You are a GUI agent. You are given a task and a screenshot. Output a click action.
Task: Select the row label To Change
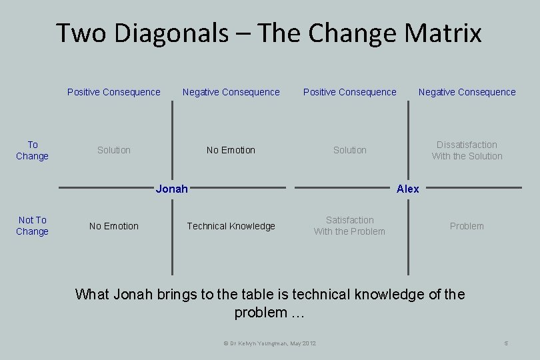click(33, 151)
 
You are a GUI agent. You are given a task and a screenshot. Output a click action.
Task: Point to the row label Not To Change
click(33, 226)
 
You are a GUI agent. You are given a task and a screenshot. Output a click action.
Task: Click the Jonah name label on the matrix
click(171, 189)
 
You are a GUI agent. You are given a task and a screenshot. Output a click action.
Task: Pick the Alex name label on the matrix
click(407, 189)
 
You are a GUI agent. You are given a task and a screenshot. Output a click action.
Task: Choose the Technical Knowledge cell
click(231, 226)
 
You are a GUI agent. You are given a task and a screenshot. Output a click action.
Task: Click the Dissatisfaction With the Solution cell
click(467, 151)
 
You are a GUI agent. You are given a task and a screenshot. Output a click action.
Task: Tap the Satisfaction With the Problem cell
click(349, 226)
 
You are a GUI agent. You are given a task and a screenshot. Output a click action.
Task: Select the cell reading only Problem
click(467, 226)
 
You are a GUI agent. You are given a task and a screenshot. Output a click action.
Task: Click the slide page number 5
click(507, 343)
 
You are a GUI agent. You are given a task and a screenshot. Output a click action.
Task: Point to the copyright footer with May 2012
click(269, 343)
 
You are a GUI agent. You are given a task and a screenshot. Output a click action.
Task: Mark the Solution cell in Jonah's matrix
click(114, 150)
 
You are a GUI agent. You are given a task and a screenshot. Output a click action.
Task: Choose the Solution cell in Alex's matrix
click(350, 150)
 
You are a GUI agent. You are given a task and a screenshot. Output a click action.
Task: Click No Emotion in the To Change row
click(231, 150)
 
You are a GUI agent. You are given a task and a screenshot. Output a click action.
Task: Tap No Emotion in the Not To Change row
click(114, 226)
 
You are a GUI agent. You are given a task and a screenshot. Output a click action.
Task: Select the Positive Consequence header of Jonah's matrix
click(114, 92)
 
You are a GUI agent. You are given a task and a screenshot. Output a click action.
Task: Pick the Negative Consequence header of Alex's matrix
click(467, 92)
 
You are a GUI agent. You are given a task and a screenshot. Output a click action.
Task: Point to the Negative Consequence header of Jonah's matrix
click(231, 92)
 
